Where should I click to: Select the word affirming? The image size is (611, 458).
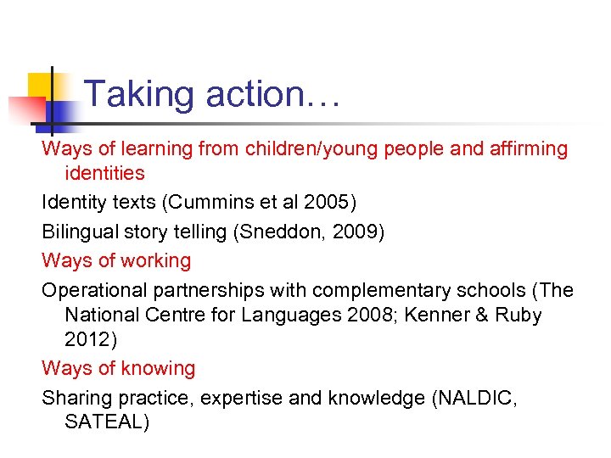pyautogui.click(x=527, y=149)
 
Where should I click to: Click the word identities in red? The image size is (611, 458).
pyautogui.click(x=104, y=174)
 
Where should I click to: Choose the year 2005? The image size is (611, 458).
pyautogui.click(x=330, y=203)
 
